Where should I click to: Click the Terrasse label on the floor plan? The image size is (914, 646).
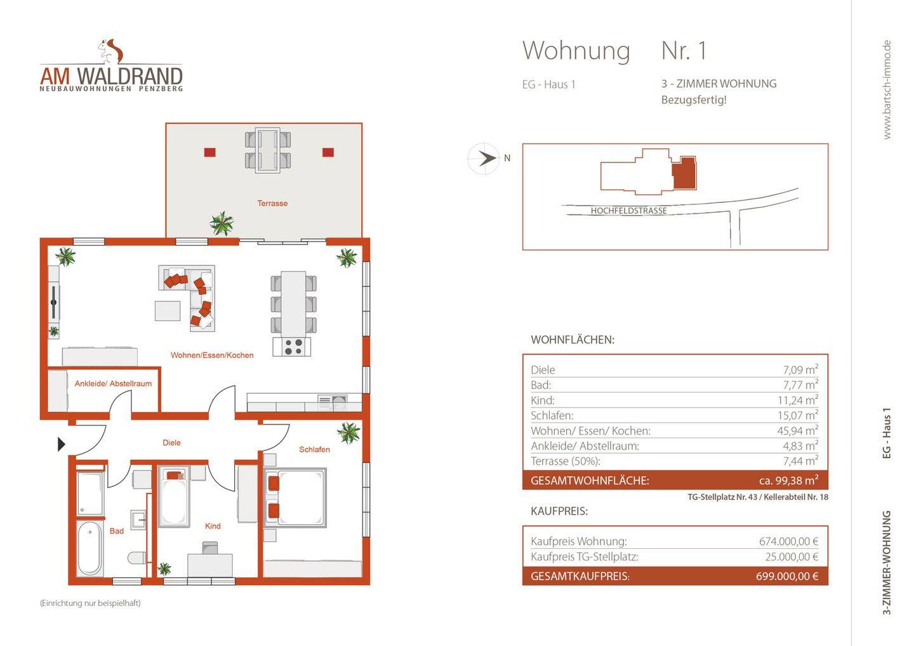pyautogui.click(x=272, y=204)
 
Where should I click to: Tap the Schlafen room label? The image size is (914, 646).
pyautogui.click(x=314, y=449)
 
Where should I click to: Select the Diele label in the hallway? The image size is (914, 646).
pyautogui.click(x=171, y=443)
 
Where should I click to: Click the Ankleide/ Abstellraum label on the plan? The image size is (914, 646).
pyautogui.click(x=113, y=384)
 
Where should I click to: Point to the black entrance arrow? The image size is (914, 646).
pyautogui.click(x=62, y=444)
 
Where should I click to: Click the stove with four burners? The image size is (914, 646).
pyautogui.click(x=293, y=346)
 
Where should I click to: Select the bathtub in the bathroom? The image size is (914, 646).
pyautogui.click(x=89, y=548)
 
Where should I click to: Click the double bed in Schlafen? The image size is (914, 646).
pyautogui.click(x=296, y=498)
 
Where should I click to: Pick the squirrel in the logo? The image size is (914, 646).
pyautogui.click(x=111, y=51)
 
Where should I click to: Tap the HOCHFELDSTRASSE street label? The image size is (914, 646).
pyautogui.click(x=628, y=211)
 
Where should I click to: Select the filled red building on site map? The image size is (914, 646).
pyautogui.click(x=684, y=173)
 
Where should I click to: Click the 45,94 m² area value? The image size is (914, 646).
pyautogui.click(x=797, y=431)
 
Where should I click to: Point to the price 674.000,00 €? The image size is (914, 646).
pyautogui.click(x=788, y=541)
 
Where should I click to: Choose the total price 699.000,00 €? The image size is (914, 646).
pyautogui.click(x=786, y=576)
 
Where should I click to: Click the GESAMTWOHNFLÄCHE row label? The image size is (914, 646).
pyautogui.click(x=590, y=480)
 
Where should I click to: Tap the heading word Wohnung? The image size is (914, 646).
pyautogui.click(x=576, y=51)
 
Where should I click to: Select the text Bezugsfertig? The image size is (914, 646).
pyautogui.click(x=694, y=100)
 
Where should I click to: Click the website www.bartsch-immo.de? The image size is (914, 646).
pyautogui.click(x=887, y=89)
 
